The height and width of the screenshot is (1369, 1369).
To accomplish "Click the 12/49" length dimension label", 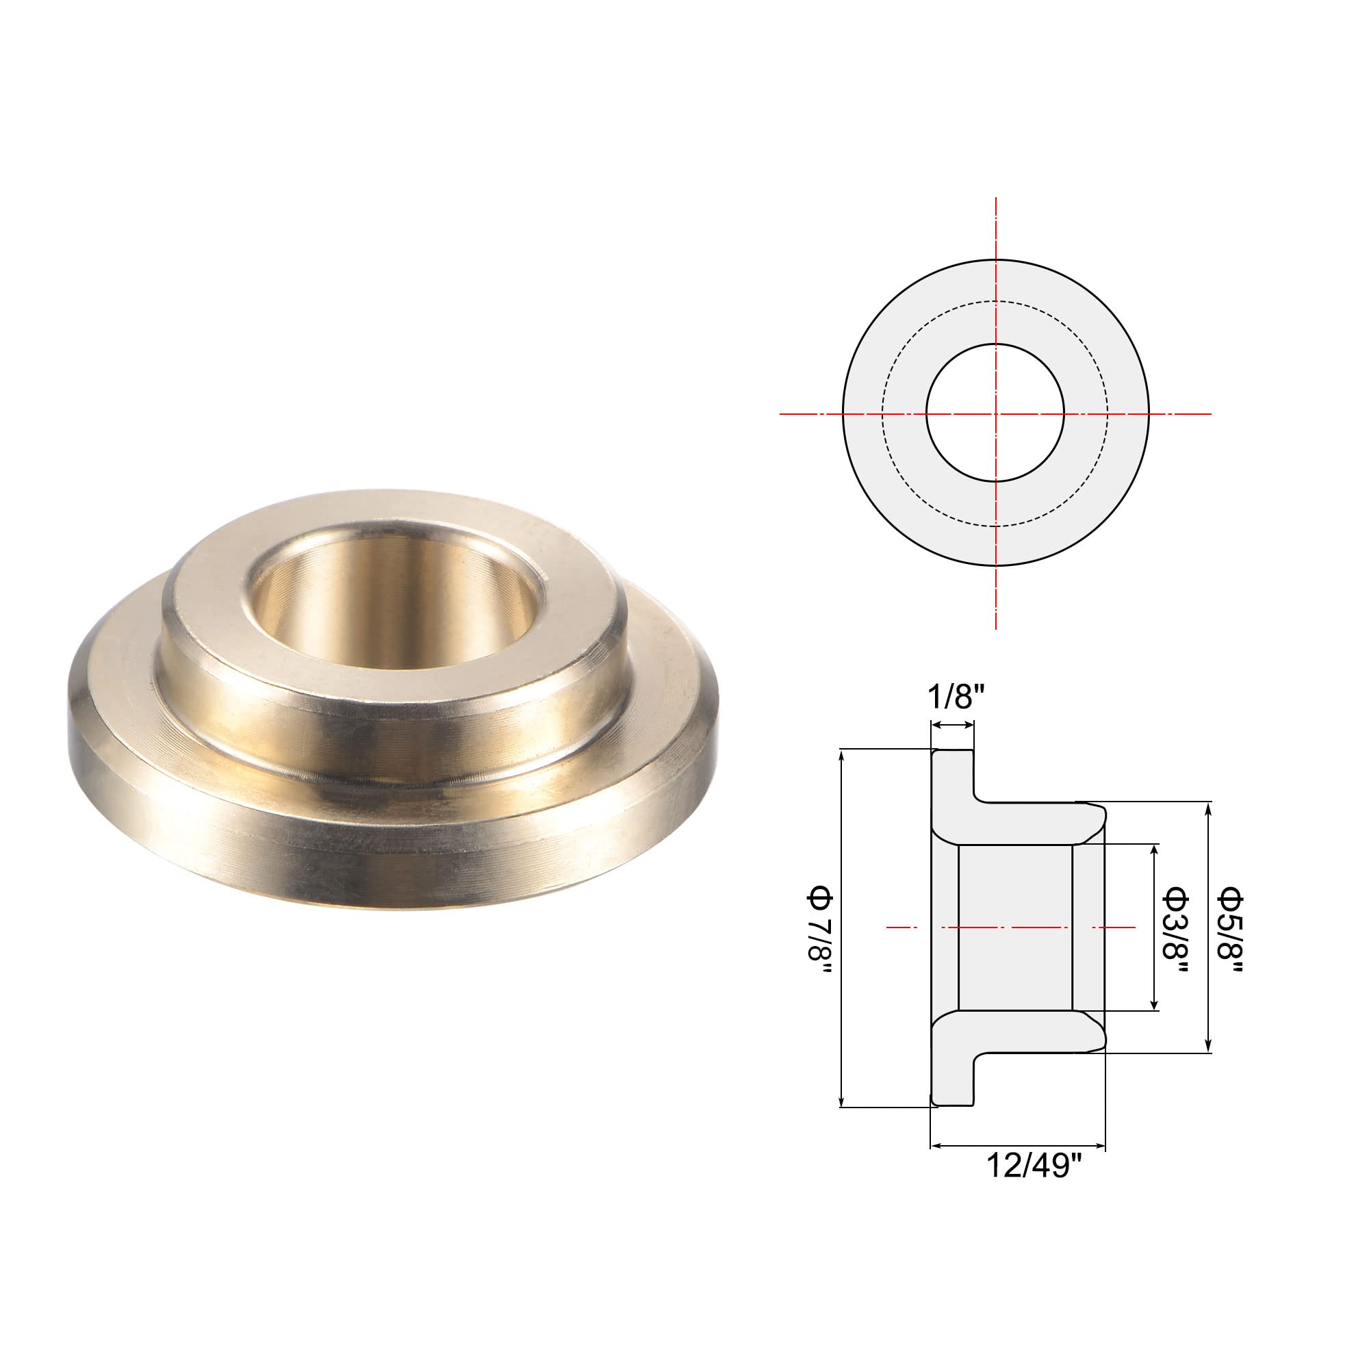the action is click(x=1035, y=1165).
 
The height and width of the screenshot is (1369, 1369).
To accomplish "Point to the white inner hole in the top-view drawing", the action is click(x=995, y=413).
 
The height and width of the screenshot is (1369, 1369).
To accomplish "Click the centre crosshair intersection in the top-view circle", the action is click(x=995, y=413).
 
